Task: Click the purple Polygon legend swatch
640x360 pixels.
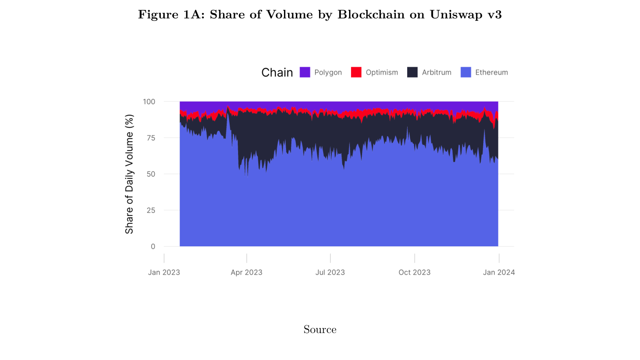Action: click(305, 72)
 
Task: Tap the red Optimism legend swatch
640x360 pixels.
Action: click(356, 72)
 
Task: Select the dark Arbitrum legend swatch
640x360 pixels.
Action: click(412, 72)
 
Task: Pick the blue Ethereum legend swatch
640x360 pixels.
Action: click(466, 72)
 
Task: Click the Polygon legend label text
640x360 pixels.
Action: click(328, 72)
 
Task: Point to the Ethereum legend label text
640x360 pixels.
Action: click(491, 72)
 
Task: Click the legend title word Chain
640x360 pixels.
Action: click(277, 72)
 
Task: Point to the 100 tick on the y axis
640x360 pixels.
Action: click(149, 101)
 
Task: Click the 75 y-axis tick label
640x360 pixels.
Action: click(151, 138)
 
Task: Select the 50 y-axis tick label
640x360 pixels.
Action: click(151, 174)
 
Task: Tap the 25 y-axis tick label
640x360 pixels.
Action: click(151, 210)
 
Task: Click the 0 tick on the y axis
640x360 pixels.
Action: click(153, 246)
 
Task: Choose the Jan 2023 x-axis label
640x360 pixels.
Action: click(164, 272)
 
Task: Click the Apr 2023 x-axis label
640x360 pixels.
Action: click(247, 272)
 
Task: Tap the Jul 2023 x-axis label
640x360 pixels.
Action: click(330, 272)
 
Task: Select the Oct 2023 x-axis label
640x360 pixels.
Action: click(415, 272)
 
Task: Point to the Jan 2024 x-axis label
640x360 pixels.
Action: click(499, 272)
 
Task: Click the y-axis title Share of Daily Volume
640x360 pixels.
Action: click(129, 174)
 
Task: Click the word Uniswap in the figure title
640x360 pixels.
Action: click(456, 15)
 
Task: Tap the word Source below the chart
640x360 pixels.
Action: click(320, 329)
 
